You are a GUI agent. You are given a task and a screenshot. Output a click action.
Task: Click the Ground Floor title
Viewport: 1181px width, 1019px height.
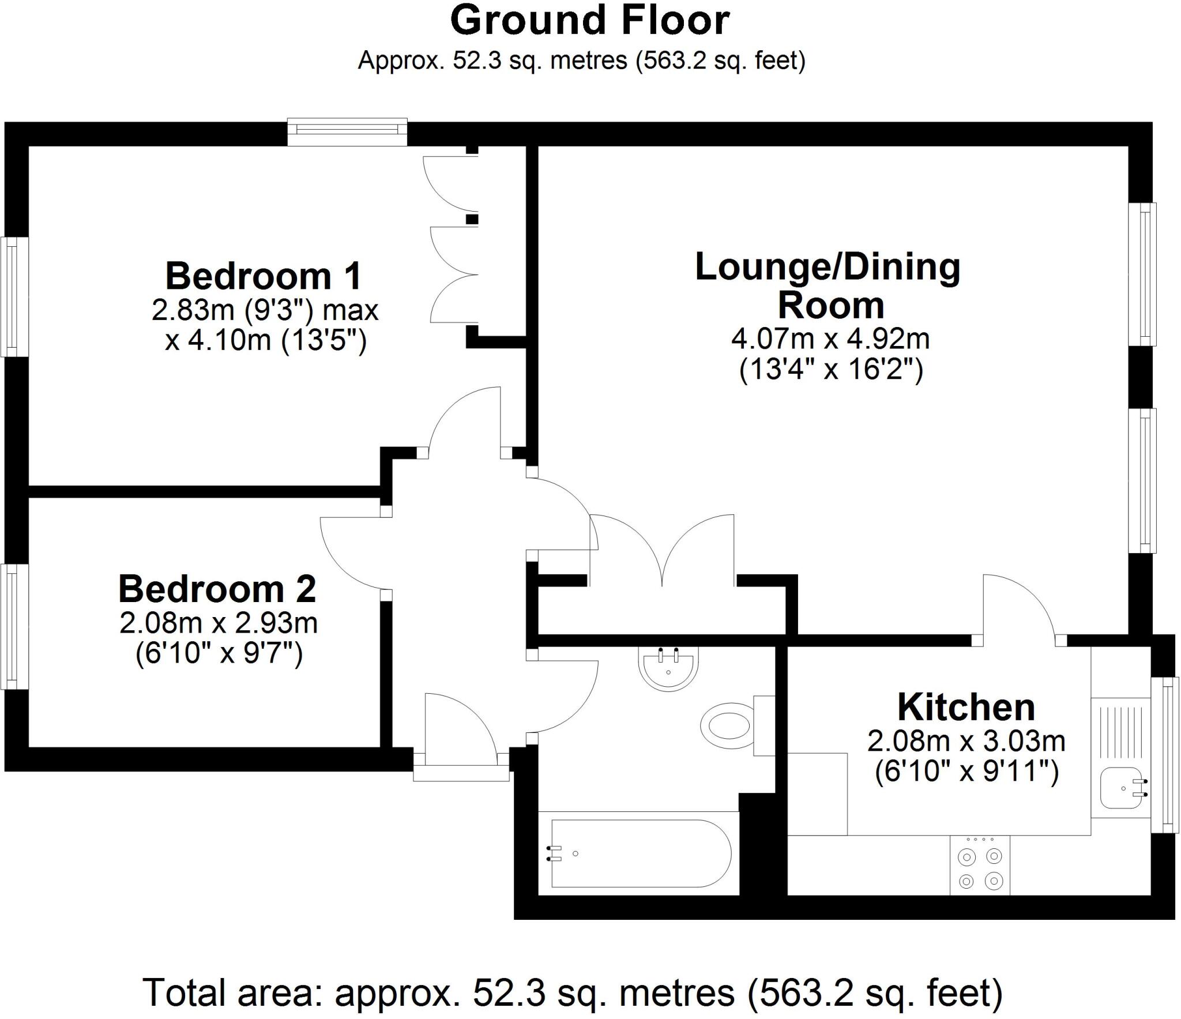pos(589,21)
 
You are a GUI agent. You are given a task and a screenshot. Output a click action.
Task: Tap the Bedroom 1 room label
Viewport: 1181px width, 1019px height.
pos(264,276)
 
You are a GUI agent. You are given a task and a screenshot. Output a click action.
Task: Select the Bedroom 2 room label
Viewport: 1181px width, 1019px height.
pos(217,589)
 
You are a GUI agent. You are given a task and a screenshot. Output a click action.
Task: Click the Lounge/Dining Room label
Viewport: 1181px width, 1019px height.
pos(829,286)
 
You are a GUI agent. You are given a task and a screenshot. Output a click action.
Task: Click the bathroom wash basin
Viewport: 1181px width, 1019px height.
pos(668,668)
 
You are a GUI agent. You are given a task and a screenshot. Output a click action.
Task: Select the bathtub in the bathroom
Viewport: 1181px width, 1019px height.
pos(640,853)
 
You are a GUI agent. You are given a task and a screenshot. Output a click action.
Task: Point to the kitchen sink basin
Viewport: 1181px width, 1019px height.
pos(1121,788)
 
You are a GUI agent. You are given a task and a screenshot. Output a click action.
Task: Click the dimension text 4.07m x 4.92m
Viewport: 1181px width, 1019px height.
pos(830,339)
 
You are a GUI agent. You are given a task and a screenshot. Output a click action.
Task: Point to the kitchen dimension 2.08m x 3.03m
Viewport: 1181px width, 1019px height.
pos(966,741)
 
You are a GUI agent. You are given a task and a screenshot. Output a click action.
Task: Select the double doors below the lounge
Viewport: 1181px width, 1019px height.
pos(662,551)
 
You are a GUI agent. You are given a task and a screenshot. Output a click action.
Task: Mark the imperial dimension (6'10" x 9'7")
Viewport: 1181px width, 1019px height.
pos(219,654)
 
